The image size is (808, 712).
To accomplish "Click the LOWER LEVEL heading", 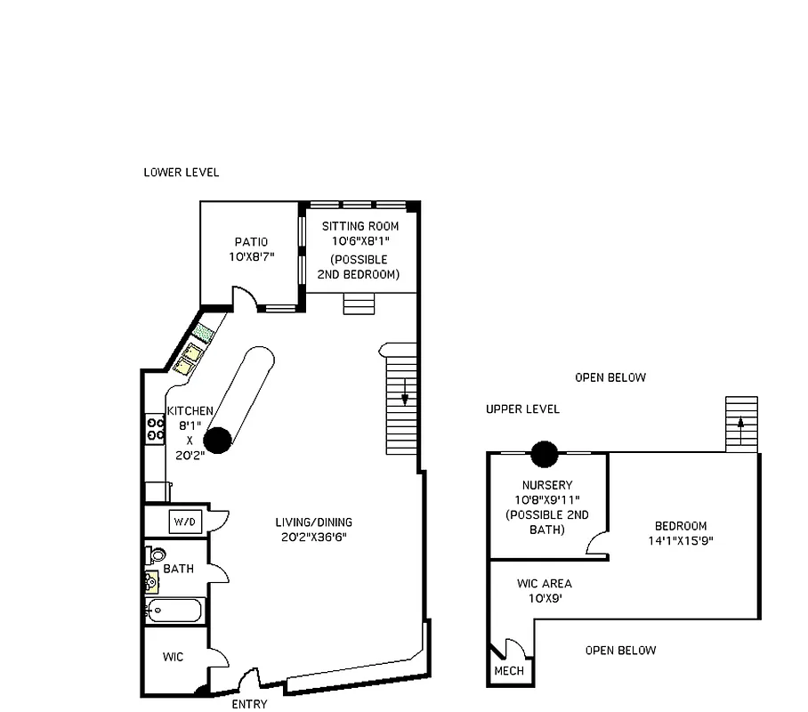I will coord(182,173).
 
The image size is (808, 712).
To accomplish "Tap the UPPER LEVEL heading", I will coord(522,409).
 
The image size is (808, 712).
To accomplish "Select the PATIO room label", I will coord(251,242).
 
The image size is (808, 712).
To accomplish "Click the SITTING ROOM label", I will coord(360,226).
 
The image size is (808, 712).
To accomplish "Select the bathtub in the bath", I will coord(174,611).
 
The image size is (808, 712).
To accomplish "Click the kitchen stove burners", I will coord(155,430).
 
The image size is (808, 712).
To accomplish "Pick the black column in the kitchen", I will coord(217,439).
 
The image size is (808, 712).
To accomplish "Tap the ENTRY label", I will coord(249,705).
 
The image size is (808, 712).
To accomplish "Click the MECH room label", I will coord(509,671).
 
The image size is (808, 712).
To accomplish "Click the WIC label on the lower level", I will coord(174,657).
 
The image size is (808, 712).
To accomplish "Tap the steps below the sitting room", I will coord(360,303).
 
